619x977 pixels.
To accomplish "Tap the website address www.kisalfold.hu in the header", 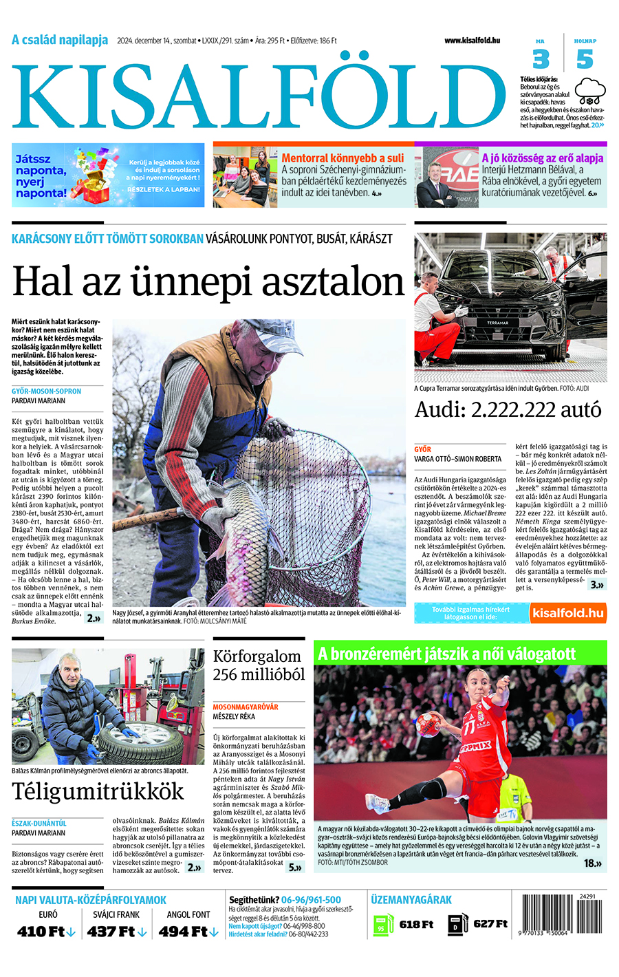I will click(x=472, y=41).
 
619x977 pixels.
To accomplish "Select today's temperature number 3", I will click(x=541, y=59).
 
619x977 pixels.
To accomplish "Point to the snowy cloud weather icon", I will click(x=590, y=91).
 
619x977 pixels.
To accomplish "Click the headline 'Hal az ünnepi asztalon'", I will click(x=208, y=282).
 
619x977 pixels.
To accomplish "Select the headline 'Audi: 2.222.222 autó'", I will click(x=508, y=409).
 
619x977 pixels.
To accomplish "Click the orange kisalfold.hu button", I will click(x=567, y=613).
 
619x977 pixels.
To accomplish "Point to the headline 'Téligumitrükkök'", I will click(x=98, y=791).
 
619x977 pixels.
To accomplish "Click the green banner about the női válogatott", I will click(x=460, y=653).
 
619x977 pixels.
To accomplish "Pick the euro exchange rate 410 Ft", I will click(x=45, y=932).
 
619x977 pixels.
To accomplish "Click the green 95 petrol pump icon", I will click(x=380, y=925).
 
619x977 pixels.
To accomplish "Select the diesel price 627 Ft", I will click(x=490, y=924).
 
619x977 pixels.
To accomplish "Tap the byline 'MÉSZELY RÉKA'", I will click(x=234, y=716).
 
